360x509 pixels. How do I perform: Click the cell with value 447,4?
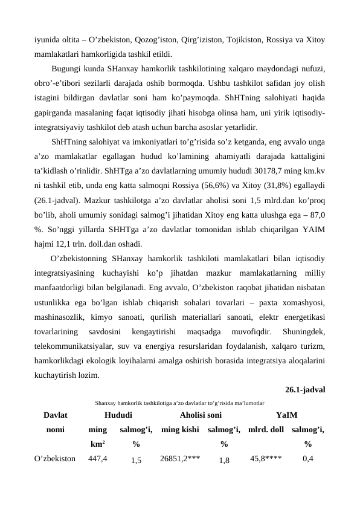click(x=98, y=459)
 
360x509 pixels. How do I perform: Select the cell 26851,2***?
click(x=180, y=459)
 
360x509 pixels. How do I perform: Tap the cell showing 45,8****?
click(x=266, y=459)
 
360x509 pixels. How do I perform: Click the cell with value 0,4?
click(x=308, y=459)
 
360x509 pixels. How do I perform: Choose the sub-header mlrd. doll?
click(x=266, y=429)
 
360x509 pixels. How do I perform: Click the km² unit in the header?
click(x=98, y=444)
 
